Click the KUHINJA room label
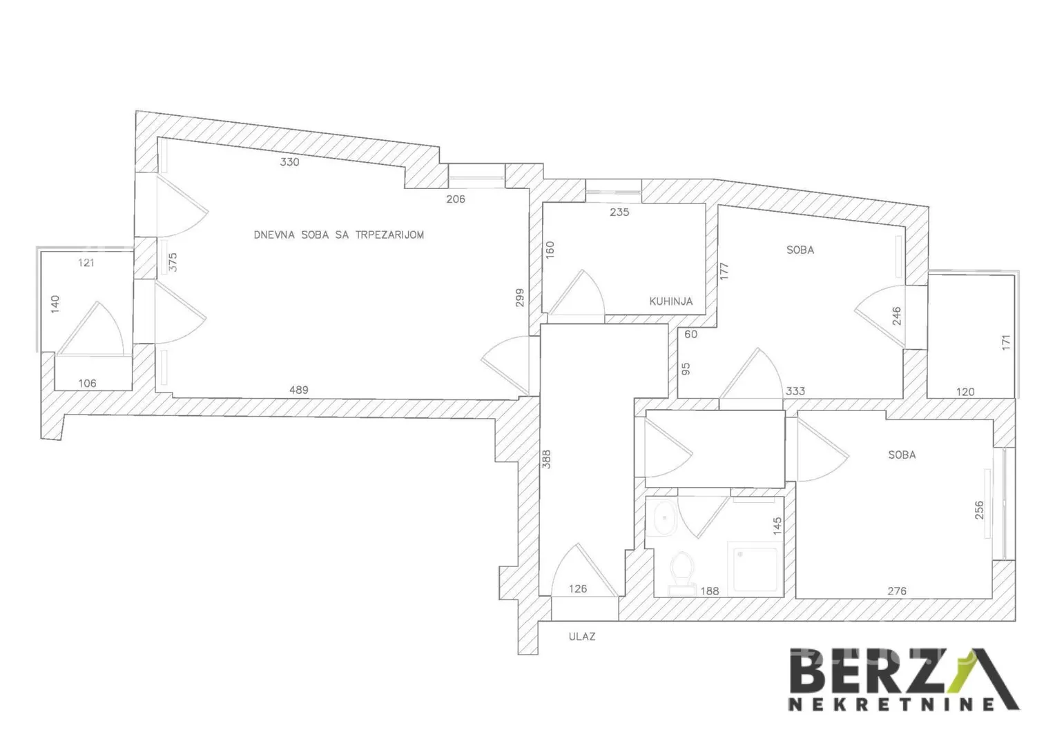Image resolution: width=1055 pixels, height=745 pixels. [x=670, y=301]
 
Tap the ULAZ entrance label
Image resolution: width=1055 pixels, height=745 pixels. [x=582, y=637]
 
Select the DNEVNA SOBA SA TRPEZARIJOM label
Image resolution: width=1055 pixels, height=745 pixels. [x=339, y=235]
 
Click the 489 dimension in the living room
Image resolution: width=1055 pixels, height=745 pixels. [x=298, y=390]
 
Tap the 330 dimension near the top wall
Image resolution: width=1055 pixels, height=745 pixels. [x=289, y=162]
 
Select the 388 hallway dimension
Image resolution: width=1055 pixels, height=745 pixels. [x=546, y=459]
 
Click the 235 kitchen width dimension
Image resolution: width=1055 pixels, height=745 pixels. [x=619, y=212]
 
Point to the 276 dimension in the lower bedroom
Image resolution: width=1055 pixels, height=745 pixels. [x=897, y=591]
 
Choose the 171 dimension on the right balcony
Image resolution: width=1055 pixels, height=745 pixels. [x=1006, y=342]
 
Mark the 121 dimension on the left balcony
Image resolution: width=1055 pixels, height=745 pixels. [x=86, y=263]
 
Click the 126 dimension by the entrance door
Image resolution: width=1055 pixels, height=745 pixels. [x=577, y=589]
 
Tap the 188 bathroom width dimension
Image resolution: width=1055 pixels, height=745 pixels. [x=710, y=591]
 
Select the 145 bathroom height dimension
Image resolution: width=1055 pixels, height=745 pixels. [x=777, y=526]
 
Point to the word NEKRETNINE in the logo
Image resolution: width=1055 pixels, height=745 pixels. [x=891, y=704]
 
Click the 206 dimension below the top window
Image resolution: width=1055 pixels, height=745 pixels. [x=456, y=199]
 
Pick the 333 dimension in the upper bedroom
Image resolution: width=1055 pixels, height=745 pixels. [x=795, y=391]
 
